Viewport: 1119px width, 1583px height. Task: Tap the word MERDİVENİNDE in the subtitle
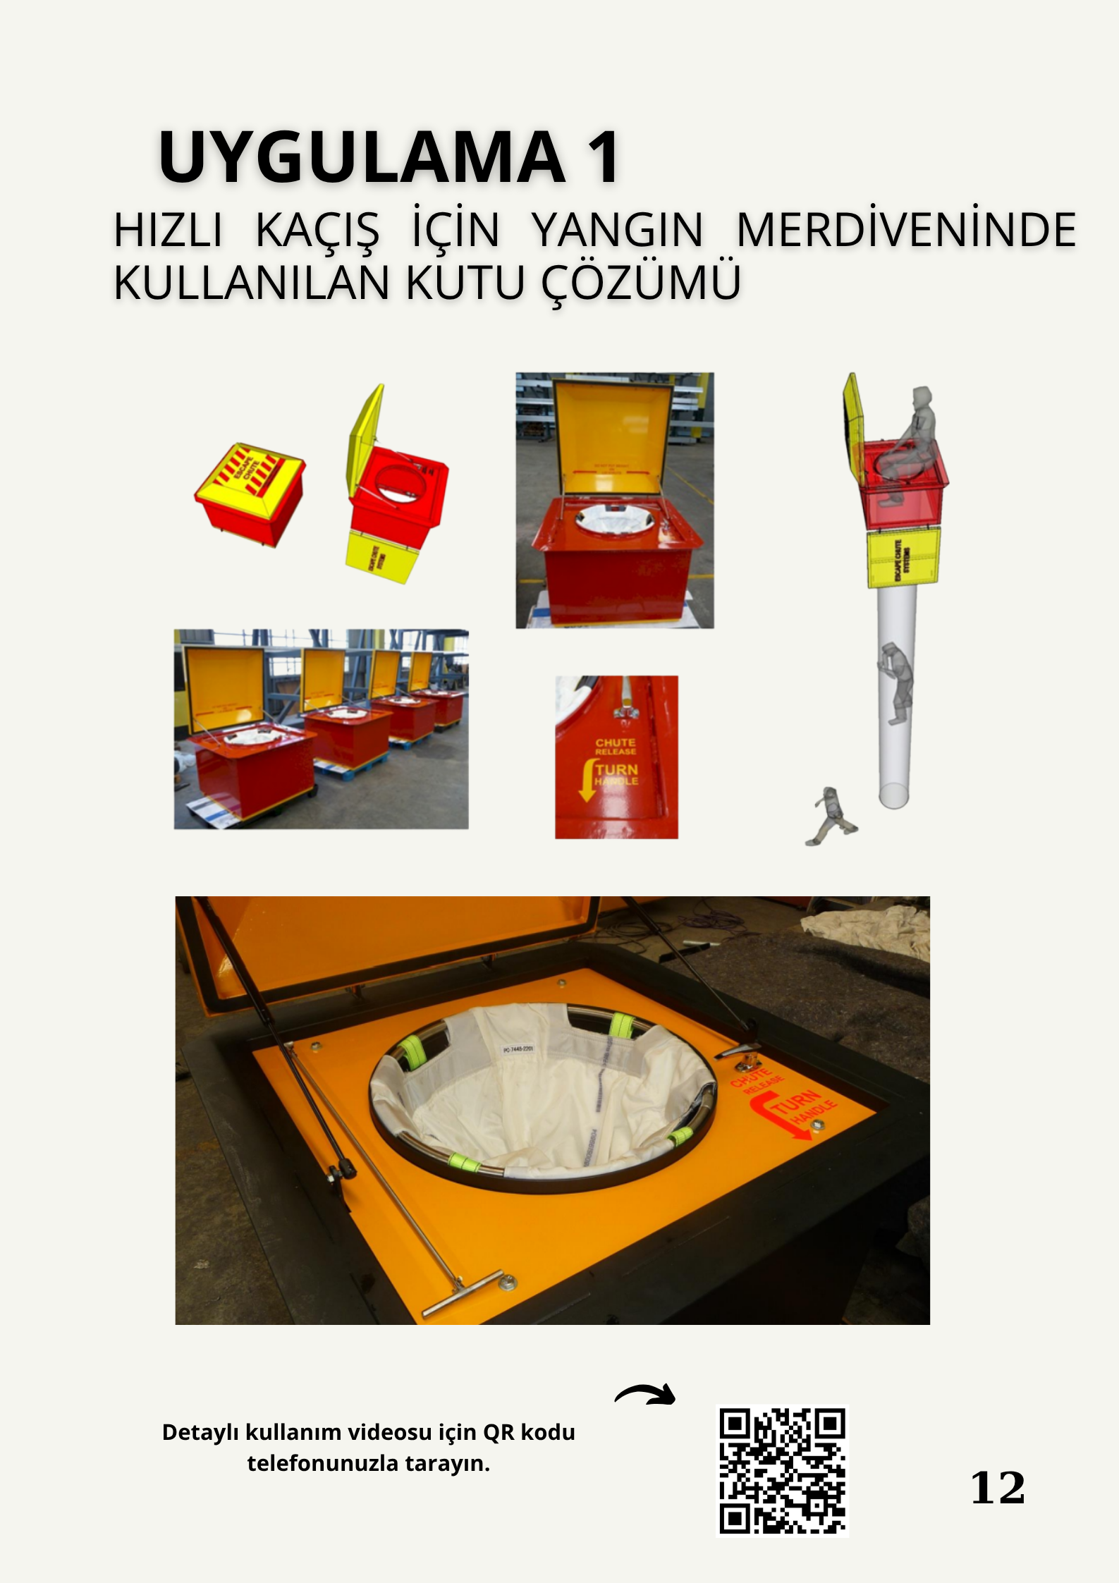[x=905, y=230]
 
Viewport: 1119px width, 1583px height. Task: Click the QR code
[x=782, y=1470]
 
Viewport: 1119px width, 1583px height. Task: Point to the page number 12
[x=998, y=1488]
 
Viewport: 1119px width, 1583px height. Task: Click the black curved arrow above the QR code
[x=645, y=1394]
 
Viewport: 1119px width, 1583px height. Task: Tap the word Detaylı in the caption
[x=202, y=1433]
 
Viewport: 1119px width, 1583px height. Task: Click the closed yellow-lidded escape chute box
[x=250, y=492]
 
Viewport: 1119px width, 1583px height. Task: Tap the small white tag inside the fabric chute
[x=518, y=1050]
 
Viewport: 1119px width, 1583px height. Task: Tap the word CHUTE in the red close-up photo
[x=616, y=742]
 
